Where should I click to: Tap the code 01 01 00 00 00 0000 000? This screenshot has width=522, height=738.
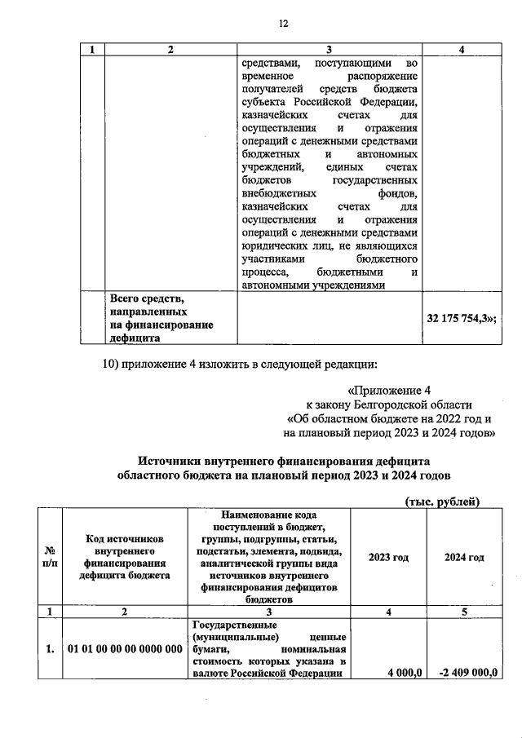[125, 649]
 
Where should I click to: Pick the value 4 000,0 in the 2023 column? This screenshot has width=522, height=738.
[400, 672]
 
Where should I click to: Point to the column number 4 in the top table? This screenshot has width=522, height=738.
[462, 50]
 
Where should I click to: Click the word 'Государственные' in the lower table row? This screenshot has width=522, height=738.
[227, 622]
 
